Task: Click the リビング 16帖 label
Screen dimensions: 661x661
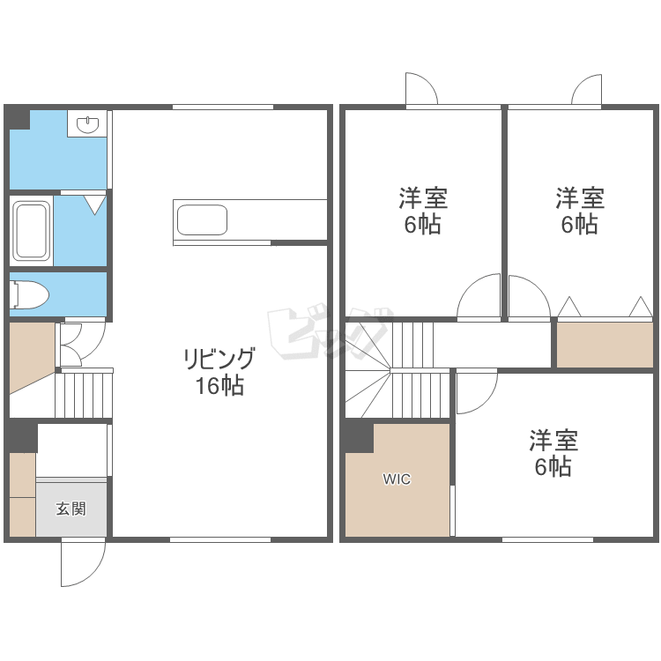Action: coord(219,372)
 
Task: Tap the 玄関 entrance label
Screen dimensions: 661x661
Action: coord(71,509)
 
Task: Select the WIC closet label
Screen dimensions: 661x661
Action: coord(397,479)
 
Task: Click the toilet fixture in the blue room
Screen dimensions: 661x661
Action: coord(29,294)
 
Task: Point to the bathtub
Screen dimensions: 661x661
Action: coord(31,231)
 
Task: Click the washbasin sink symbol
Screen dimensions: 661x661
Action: coord(87,124)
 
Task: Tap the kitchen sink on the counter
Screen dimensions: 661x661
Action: coord(202,220)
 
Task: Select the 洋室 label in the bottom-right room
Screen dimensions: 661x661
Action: coord(553,440)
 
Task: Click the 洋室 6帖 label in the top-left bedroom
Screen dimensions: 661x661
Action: coord(423,211)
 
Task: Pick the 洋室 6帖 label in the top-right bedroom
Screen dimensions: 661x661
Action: coord(580,211)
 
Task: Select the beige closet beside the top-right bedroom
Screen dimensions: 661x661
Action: coord(605,345)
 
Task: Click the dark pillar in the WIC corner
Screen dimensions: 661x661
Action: coord(360,438)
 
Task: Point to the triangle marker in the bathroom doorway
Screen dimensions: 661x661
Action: coord(94,204)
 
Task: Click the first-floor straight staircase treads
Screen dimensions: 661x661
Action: coord(84,396)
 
